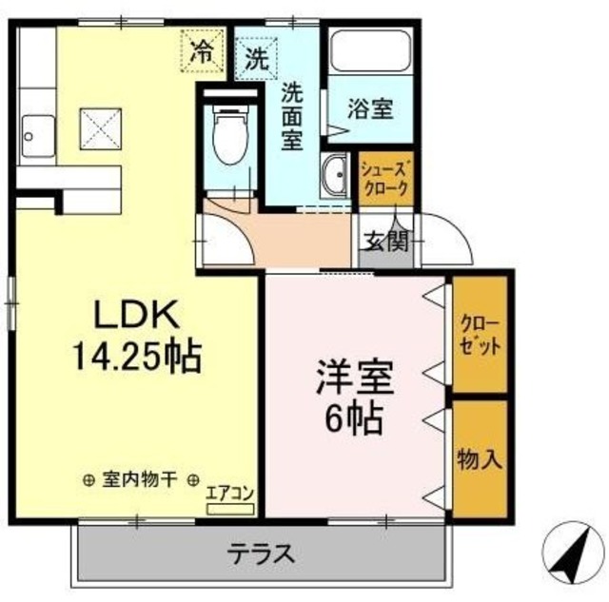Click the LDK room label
pyautogui.click(x=133, y=317)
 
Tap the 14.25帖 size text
pyautogui.click(x=133, y=357)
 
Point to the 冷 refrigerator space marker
pyautogui.click(x=202, y=49)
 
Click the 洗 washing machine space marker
pyautogui.click(x=257, y=54)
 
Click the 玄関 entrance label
pyautogui.click(x=384, y=241)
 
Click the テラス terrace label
pyautogui.click(x=258, y=553)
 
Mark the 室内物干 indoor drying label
pyautogui.click(x=140, y=480)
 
